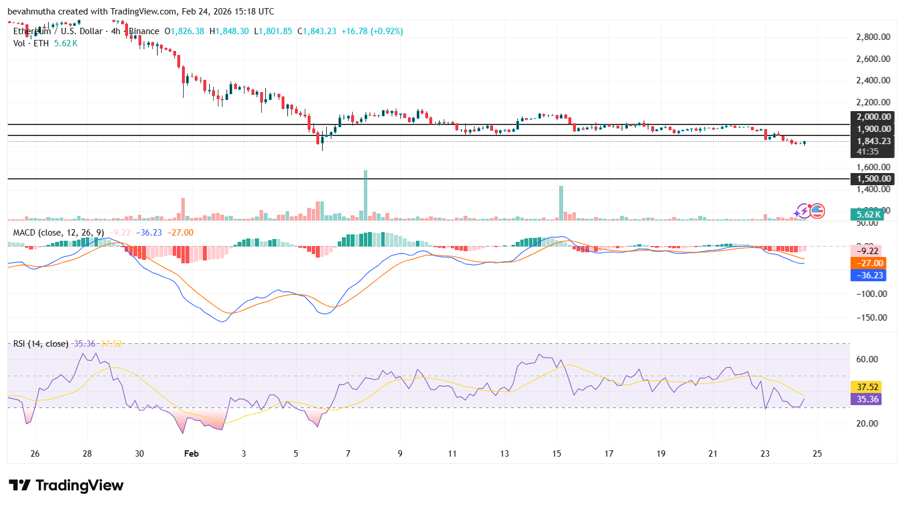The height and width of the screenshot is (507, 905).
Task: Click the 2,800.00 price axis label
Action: tap(873, 37)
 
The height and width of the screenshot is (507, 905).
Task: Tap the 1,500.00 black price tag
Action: tap(873, 179)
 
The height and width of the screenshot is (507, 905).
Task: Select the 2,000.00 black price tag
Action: tap(873, 117)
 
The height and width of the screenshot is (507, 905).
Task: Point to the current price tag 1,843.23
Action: tap(873, 141)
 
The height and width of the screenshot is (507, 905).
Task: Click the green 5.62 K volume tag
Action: tap(868, 214)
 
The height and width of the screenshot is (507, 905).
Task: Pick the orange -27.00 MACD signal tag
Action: tap(868, 263)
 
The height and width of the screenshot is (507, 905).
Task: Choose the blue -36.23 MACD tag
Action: tap(868, 275)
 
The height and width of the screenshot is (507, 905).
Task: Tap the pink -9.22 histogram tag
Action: tap(868, 251)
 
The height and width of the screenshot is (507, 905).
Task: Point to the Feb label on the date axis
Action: tap(191, 454)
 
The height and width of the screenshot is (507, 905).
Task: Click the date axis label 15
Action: tap(557, 454)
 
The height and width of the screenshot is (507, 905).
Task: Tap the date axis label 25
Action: tap(818, 454)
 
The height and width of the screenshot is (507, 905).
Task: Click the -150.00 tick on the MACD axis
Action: tap(872, 318)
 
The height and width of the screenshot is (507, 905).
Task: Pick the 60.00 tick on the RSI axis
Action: tap(867, 359)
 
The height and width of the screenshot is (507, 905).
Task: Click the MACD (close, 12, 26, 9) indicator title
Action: tap(59, 233)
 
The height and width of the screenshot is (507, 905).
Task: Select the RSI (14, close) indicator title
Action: tap(41, 344)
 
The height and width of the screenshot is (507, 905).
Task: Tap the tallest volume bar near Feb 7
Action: tap(365, 194)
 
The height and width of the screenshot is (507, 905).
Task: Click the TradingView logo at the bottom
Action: tap(65, 486)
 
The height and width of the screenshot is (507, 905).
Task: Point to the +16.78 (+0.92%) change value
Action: tap(372, 31)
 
